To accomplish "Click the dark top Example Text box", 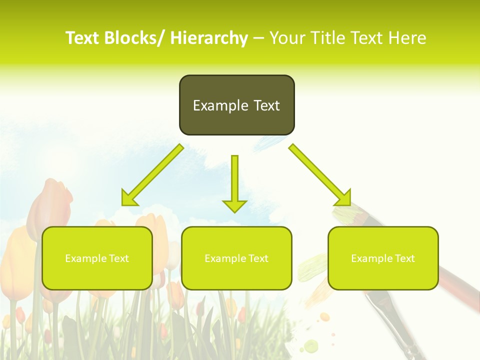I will pos(236,105).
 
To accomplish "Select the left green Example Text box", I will pos(97,258).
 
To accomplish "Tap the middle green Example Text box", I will pos(236,258).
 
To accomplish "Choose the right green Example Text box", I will pos(383,258).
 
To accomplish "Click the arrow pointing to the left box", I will pos(152,175).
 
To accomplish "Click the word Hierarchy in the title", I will pos(209,38).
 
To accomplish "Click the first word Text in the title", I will pos(83,38).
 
